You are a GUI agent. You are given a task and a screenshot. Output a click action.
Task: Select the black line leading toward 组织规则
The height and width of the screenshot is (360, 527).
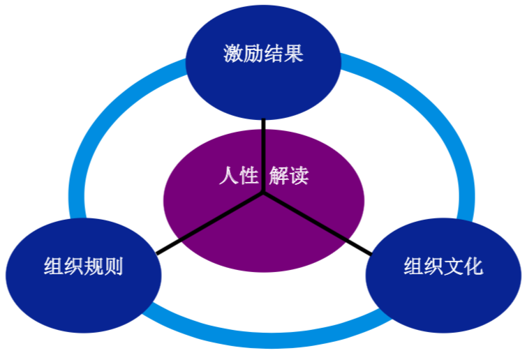click(209, 225)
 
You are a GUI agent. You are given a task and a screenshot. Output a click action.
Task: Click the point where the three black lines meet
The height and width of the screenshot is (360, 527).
click(264, 195)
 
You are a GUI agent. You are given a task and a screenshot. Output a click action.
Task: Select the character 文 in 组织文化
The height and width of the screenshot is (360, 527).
click(453, 267)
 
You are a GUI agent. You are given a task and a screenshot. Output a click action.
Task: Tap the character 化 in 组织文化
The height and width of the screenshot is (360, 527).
click(473, 267)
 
